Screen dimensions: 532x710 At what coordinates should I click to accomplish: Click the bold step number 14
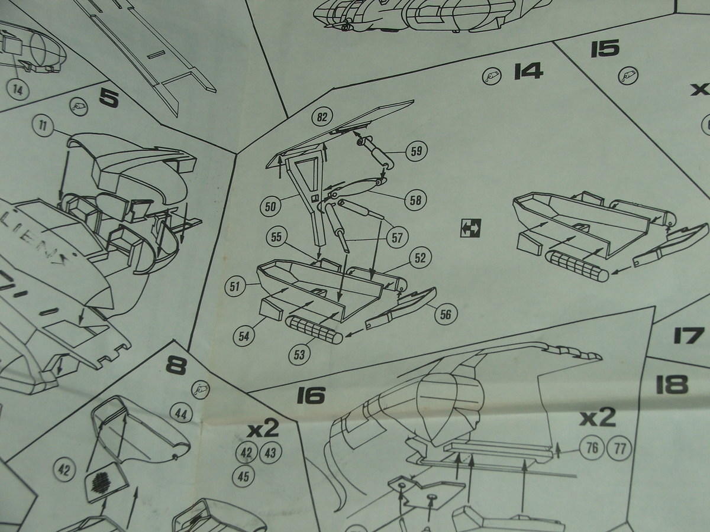click(x=528, y=72)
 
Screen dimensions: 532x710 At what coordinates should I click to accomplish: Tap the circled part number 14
click(x=19, y=90)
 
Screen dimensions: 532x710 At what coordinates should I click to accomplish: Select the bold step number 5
click(x=109, y=98)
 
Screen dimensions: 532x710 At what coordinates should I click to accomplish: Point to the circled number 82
click(x=322, y=117)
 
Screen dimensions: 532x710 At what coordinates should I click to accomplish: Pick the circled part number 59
click(x=417, y=151)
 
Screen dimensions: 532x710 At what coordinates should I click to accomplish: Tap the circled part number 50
click(x=271, y=206)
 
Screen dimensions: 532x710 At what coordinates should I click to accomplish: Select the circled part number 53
click(x=301, y=354)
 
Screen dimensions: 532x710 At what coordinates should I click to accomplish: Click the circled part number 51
click(x=235, y=287)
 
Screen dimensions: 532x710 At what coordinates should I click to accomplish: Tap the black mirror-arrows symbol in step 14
click(x=472, y=226)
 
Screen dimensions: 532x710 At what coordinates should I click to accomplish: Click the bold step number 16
click(x=312, y=395)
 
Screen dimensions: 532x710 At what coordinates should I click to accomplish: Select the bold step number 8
click(x=176, y=366)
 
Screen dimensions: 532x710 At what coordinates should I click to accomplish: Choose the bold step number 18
click(x=672, y=384)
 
